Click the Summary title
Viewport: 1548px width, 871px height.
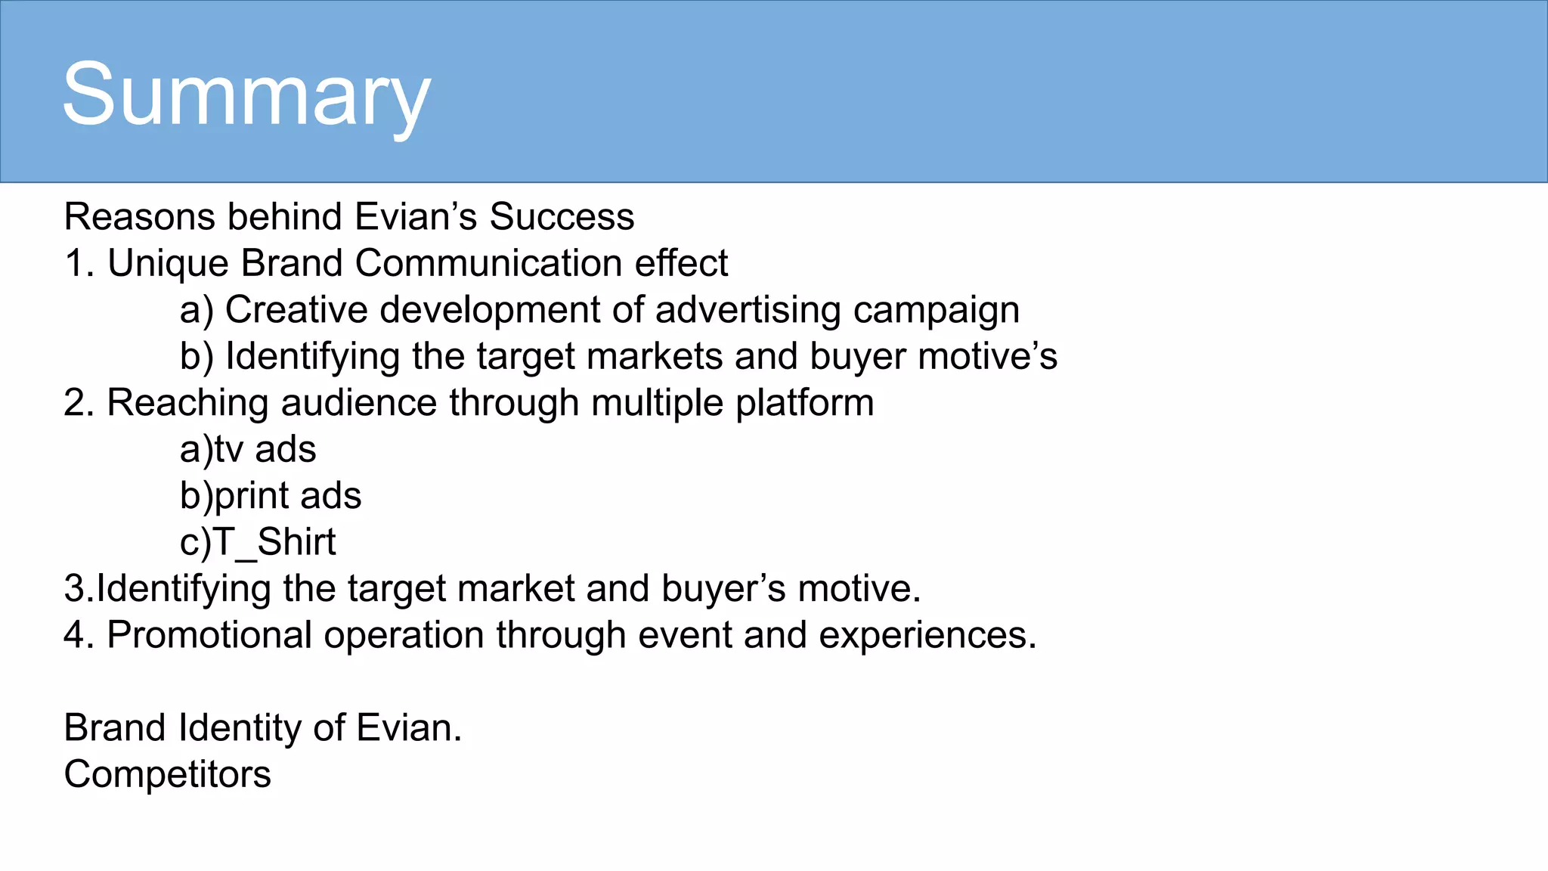pyautogui.click(x=246, y=96)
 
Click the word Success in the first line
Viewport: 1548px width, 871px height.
pyautogui.click(x=562, y=217)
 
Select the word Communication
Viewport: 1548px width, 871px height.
pyautogui.click(x=488, y=264)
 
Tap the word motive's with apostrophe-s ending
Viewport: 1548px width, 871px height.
pyautogui.click(x=987, y=356)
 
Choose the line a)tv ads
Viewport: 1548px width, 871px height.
pyautogui.click(x=248, y=449)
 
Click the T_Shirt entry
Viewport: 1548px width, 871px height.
pyautogui.click(x=274, y=542)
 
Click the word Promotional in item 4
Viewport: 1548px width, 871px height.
pyautogui.click(x=209, y=635)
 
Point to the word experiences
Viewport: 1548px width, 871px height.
pyautogui.click(x=927, y=635)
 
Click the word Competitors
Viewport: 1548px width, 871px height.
pyautogui.click(x=168, y=774)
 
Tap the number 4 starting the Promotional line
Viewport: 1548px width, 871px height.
pyautogui.click(x=74, y=635)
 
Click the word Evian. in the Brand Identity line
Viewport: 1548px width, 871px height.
pyautogui.click(x=409, y=728)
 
